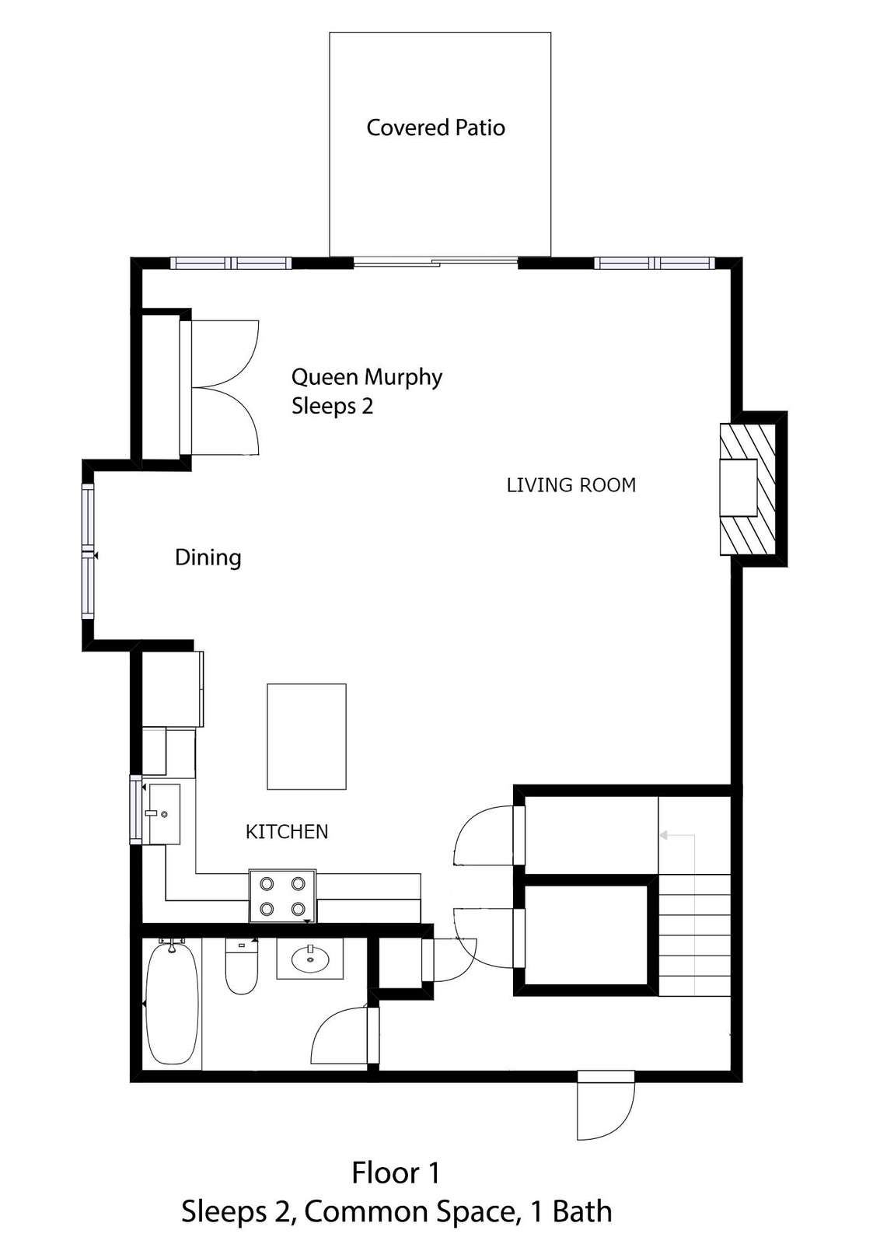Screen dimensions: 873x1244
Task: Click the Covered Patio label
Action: [435, 128]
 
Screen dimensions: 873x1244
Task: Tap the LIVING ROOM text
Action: [571, 485]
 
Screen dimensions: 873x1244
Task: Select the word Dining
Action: [208, 557]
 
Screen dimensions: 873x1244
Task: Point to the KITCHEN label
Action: [287, 831]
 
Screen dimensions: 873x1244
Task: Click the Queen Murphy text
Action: [366, 378]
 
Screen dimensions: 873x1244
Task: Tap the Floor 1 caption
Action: [396, 1173]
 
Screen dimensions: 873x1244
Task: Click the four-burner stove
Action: [283, 896]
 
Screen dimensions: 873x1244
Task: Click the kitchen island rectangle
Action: [306, 736]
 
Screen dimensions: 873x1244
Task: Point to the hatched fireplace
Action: [748, 489]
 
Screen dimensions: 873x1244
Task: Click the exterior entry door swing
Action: [606, 1105]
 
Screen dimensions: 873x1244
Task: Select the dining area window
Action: [89, 551]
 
